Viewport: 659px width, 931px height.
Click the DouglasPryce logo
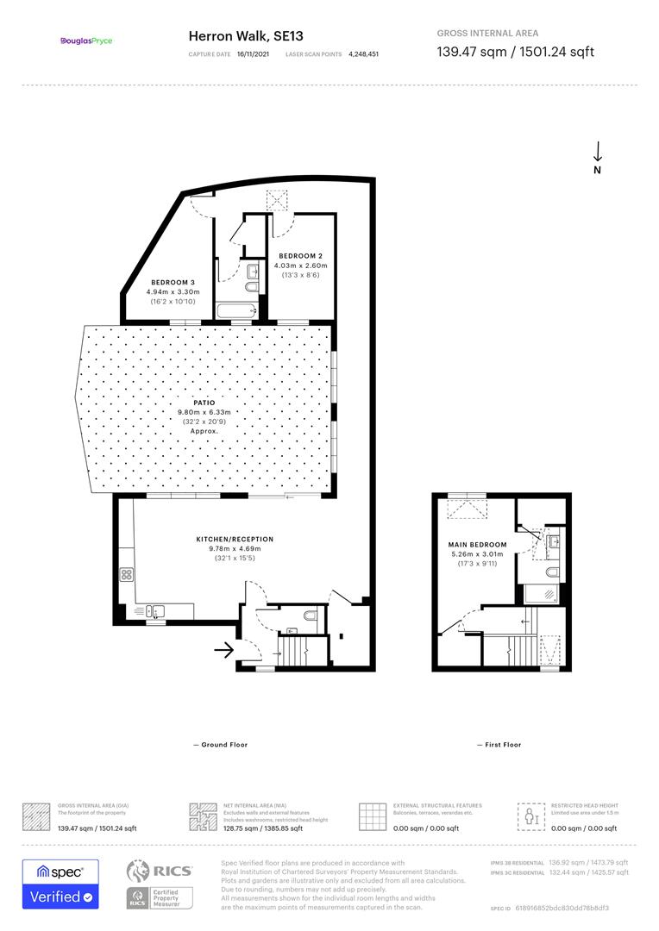tap(86, 41)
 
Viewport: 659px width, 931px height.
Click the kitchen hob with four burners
tap(126, 574)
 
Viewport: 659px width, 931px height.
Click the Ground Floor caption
tap(221, 745)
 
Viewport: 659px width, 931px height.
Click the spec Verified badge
tap(60, 884)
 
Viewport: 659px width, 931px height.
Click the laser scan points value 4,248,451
tap(363, 53)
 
